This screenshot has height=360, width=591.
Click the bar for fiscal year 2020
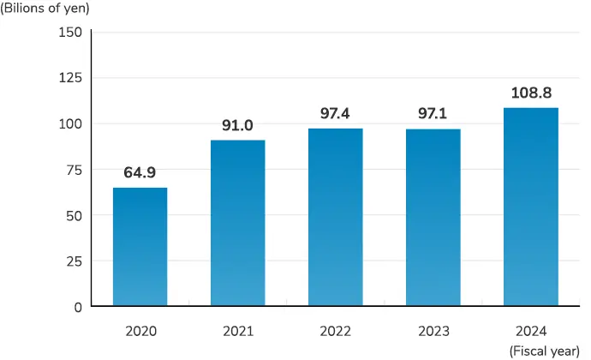[140, 247]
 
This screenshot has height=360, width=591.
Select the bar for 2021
[237, 223]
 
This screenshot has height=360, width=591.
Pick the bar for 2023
[433, 218]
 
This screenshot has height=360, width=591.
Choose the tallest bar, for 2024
[531, 207]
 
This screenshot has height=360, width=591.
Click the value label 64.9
[140, 173]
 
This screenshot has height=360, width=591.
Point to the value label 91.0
[237, 125]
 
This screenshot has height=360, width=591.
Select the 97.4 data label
[335, 113]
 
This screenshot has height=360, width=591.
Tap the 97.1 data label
[433, 114]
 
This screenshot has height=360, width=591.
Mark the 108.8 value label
[531, 93]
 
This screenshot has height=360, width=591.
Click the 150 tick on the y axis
[70, 33]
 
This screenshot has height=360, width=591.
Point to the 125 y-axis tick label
[70, 78]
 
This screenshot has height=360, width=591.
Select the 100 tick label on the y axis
[70, 123]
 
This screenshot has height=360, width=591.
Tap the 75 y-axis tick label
[74, 170]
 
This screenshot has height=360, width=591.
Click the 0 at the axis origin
[78, 307]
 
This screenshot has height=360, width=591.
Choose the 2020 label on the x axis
[140, 331]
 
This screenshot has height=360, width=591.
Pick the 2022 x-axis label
[335, 331]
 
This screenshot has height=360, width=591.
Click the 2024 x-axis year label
[531, 331]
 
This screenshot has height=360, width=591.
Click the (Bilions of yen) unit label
[45, 9]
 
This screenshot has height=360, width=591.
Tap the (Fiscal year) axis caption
[544, 351]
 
